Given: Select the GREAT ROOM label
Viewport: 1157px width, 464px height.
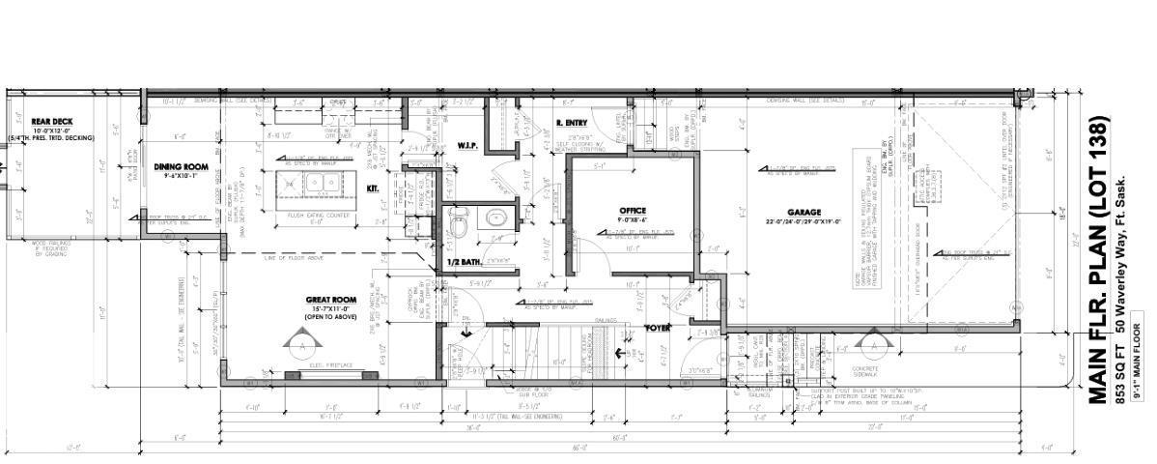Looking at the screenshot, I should pos(330,301).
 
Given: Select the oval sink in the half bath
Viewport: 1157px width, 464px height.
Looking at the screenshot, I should pos(497,217).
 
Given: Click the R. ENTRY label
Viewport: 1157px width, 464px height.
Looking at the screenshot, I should pos(572,123).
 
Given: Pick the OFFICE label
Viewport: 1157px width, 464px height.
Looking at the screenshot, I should pos(633,210).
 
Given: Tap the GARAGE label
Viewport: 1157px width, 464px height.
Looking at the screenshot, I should pos(804,212).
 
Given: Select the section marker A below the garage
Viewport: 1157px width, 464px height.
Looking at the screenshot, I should pos(873,342).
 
